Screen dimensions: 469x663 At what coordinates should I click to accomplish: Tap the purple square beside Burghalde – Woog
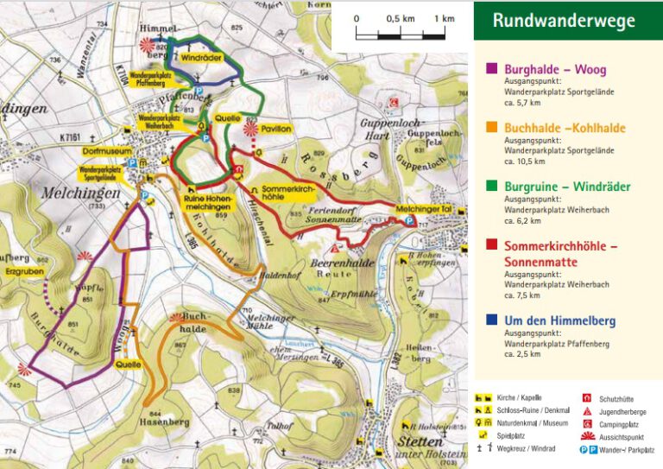pos(492,69)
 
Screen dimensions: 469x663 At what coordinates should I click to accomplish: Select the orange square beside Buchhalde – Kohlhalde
pos(492,128)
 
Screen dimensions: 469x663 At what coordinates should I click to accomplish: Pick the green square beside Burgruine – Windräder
pos(492,187)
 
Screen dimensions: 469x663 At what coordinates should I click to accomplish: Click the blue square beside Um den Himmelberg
pos(492,321)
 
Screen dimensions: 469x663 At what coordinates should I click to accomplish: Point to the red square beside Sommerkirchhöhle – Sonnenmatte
pos(492,246)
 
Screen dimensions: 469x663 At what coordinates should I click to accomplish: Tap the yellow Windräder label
pos(201,56)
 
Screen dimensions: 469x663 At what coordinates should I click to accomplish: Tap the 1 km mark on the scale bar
pos(445,18)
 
